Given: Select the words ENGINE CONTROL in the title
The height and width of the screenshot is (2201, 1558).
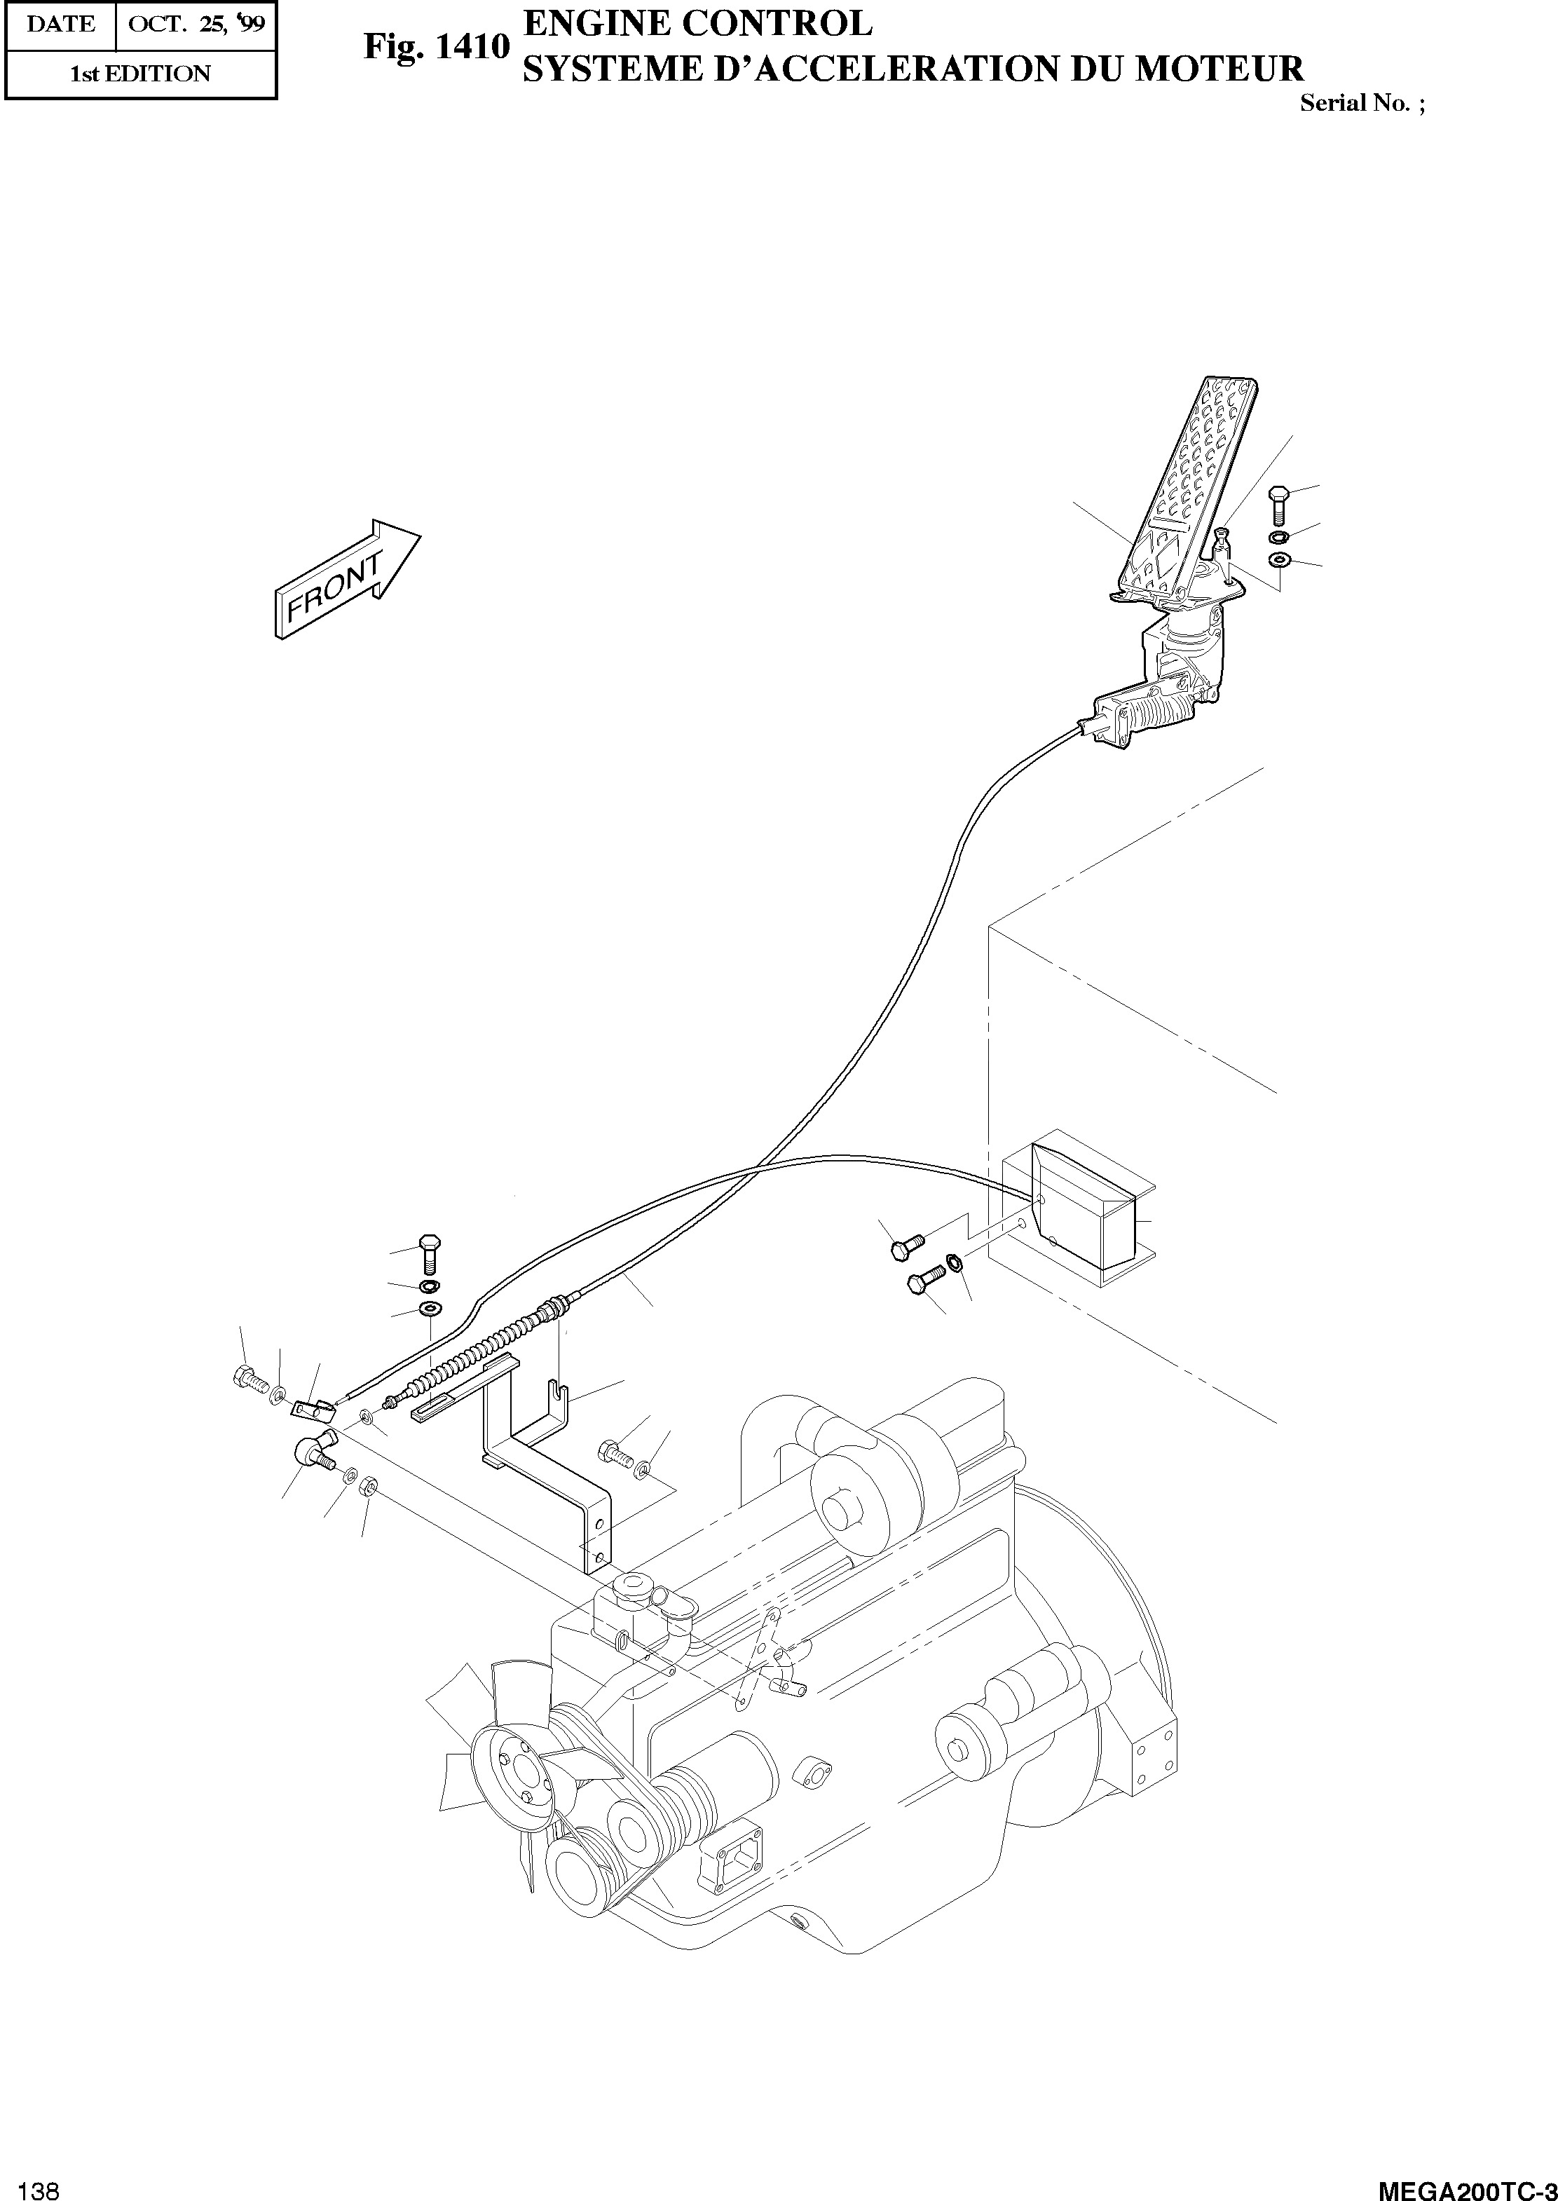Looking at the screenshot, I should (x=697, y=22).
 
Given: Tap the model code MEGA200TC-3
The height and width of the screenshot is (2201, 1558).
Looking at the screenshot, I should (x=1466, y=2183).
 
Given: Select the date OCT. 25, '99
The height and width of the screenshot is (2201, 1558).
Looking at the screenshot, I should (x=196, y=25).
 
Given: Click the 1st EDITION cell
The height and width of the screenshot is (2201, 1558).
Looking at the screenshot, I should (x=140, y=74).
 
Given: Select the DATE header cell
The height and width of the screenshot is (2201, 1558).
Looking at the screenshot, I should (x=60, y=25).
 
